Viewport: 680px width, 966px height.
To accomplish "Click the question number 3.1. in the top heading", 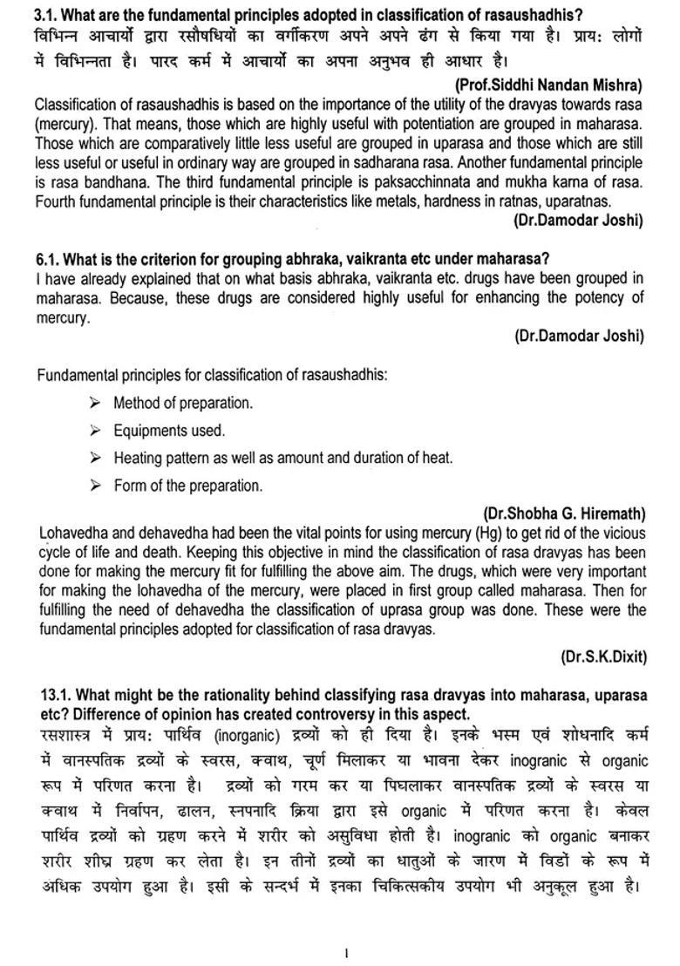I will coord(48,14).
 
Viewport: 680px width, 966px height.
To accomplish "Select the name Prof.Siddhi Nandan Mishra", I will coord(548,85).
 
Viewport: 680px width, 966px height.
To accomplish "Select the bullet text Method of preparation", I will coord(183,403).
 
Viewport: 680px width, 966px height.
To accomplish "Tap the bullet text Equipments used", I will coord(169,430).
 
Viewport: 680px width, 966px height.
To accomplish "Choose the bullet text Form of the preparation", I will coord(187,486).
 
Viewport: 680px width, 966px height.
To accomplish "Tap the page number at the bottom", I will coord(346,953).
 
